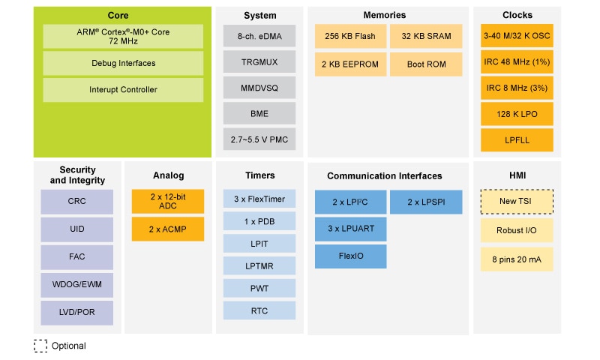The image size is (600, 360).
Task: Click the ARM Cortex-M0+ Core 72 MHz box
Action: pos(123,36)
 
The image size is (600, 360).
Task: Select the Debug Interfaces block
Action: pos(123,63)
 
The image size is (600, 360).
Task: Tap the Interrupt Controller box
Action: pos(123,90)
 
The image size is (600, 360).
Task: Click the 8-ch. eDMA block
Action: pos(259,36)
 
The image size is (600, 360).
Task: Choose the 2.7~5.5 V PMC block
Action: pos(259,139)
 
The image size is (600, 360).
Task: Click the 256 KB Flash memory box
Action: pos(350,36)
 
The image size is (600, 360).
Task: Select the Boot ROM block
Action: pos(426,64)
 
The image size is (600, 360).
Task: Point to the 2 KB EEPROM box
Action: pos(350,64)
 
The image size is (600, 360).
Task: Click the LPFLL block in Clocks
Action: pos(517,139)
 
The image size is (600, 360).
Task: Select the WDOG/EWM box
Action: pos(77,284)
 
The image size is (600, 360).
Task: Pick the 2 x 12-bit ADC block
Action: pos(167,201)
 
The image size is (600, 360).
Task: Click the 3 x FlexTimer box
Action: pos(259,199)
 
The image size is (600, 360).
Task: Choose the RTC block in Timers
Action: pos(259,310)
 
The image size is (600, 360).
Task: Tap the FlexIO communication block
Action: pos(350,256)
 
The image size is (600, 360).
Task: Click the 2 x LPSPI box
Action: pos(426,202)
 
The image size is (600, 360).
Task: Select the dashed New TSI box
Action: pos(517,201)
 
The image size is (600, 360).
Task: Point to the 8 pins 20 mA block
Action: pos(517,259)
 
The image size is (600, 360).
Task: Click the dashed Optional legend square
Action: pos(40,346)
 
